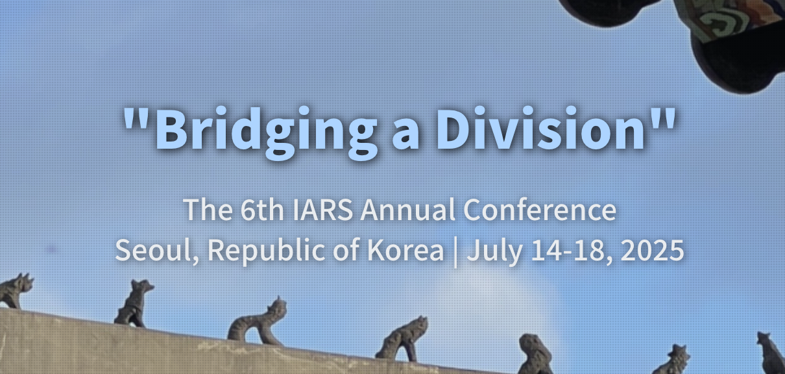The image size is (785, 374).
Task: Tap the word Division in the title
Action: (540, 128)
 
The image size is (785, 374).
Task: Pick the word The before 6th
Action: (208, 210)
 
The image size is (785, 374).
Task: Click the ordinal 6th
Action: (262, 210)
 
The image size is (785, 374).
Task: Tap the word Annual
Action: (407, 210)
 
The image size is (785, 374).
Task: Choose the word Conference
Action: (540, 210)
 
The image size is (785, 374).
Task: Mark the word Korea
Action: (405, 250)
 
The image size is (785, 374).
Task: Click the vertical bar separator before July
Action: (455, 252)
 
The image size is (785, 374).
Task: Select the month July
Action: (495, 253)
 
